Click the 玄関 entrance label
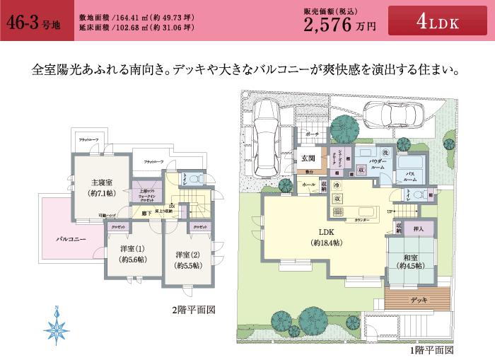coord(308,158)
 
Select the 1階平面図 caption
coord(430,350)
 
